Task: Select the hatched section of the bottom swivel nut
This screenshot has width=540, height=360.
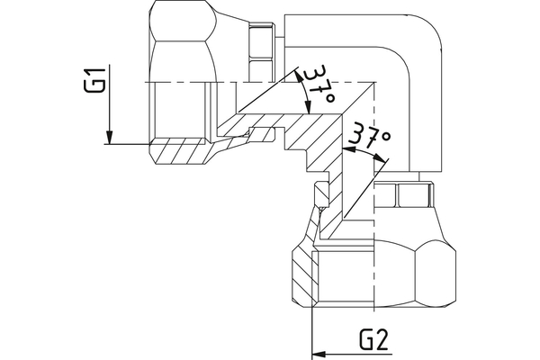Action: coord(304,274)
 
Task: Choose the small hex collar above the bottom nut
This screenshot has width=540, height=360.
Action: coord(404,193)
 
